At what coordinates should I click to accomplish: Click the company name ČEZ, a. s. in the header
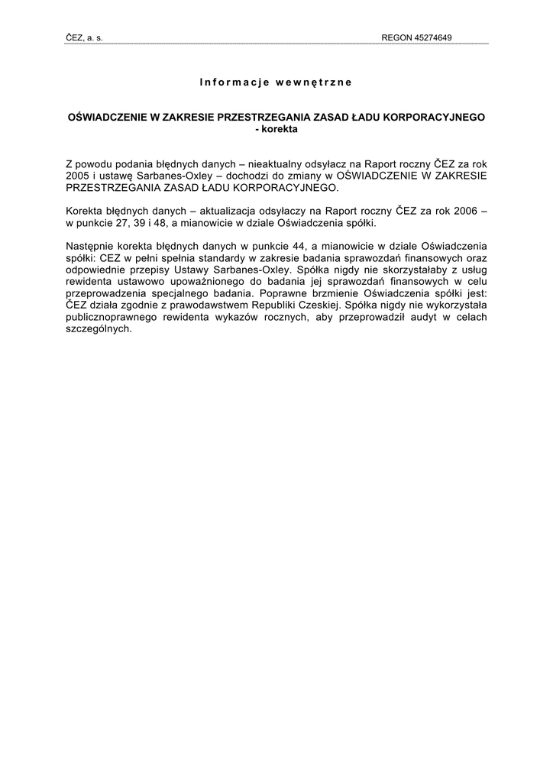pos(84,37)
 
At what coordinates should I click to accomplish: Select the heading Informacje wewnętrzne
pos(276,81)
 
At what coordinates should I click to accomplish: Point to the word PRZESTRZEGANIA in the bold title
pos(260,118)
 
